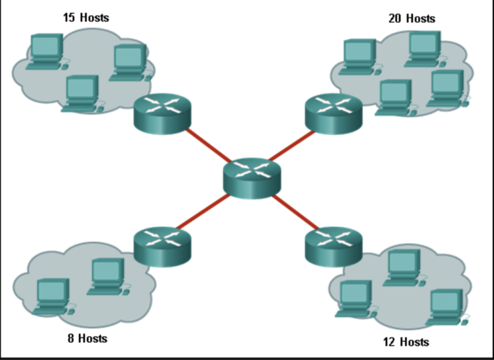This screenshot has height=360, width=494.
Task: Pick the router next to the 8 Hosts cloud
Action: [162, 246]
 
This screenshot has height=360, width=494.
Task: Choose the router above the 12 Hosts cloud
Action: [334, 246]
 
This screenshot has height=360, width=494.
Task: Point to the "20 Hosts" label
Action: [411, 19]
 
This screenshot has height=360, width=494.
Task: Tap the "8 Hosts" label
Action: [87, 338]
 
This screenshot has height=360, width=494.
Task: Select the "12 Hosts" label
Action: [406, 341]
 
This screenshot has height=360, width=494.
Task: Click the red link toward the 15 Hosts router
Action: [207, 145]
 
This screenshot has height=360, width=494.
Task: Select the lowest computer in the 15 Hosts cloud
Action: [82, 93]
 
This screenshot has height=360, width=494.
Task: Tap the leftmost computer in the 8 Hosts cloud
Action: [52, 295]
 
